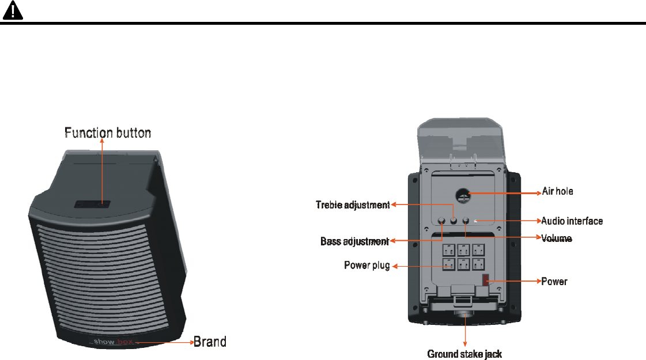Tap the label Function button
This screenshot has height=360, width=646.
click(108, 133)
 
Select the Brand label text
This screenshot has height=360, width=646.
click(209, 342)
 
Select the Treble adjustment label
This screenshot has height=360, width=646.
click(353, 204)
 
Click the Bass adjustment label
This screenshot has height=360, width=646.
click(354, 241)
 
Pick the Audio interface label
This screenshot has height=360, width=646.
click(572, 220)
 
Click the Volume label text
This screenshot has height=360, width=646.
click(556, 237)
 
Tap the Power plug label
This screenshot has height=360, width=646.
click(367, 266)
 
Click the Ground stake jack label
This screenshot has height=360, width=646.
click(464, 354)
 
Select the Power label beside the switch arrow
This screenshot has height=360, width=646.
click(554, 282)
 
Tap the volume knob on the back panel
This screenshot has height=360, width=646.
click(466, 221)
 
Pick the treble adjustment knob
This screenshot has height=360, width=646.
click(454, 221)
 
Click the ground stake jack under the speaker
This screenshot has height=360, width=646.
click(464, 315)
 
